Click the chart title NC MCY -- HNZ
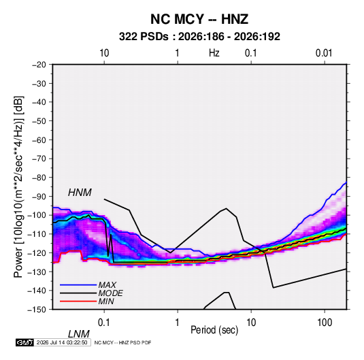coord(199,19)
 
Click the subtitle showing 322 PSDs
coord(199,37)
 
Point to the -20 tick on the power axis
coord(39,65)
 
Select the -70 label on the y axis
coord(39,159)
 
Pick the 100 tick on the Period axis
coord(325,323)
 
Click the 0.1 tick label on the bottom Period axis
coord(104,323)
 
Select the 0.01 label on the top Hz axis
coord(324,53)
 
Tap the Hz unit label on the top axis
coord(214,53)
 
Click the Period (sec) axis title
coord(214,330)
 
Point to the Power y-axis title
coord(18,186)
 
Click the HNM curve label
coord(80,193)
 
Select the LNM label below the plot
coord(79,334)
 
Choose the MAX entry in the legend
coord(107,284)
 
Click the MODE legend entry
coord(110,293)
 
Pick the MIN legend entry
coord(106,301)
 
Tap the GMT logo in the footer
coord(24,342)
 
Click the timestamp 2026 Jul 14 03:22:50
coord(62,342)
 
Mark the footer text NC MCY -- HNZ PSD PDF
coord(122,342)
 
